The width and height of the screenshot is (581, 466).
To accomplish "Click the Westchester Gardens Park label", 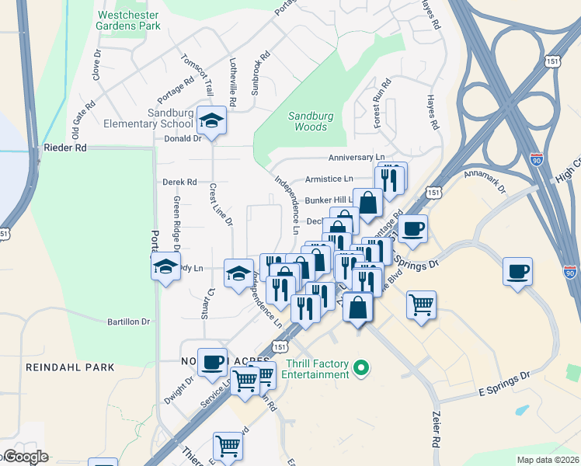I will pos(127,20).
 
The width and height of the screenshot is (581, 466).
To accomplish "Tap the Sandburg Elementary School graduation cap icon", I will pos(209,120).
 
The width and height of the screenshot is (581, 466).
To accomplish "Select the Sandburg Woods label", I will pos(308,121).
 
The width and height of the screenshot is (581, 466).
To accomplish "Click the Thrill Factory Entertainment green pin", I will pos(360,367).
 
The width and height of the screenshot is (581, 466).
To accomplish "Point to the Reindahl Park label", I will pos(70,367).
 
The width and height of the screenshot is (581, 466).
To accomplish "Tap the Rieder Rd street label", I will pos(65,147).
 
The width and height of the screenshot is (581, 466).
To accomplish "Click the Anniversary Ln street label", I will pos(357,158).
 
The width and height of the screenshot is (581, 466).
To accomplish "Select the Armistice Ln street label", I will pos(329,179).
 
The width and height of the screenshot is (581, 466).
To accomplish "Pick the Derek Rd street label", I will pos(179,182).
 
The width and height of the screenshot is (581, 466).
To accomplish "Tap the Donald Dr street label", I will pos(183,139).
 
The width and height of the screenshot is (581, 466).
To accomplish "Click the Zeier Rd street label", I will pos(436,427).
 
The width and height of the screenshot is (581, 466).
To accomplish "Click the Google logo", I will pos(25,457).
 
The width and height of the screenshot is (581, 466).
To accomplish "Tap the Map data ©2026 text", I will pos(547,460).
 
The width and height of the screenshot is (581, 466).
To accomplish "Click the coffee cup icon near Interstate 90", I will pos(517,272).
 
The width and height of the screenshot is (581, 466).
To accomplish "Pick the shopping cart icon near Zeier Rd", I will pos(421,304).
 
